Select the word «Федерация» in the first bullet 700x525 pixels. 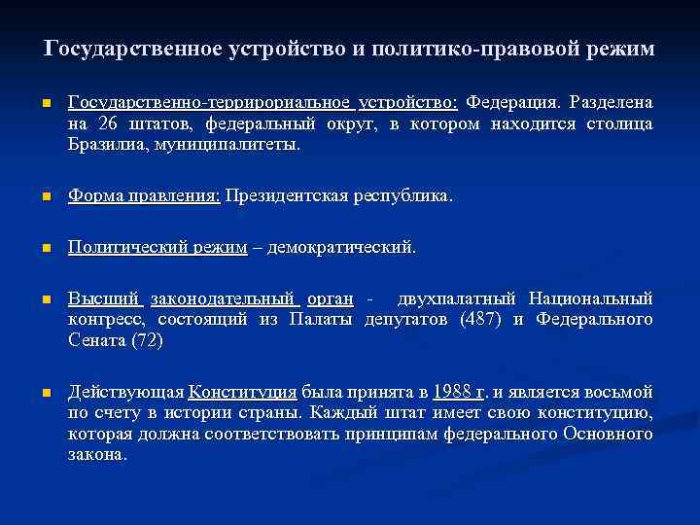[511, 102]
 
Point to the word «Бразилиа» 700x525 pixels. [105, 145]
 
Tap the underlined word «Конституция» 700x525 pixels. [242, 392]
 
